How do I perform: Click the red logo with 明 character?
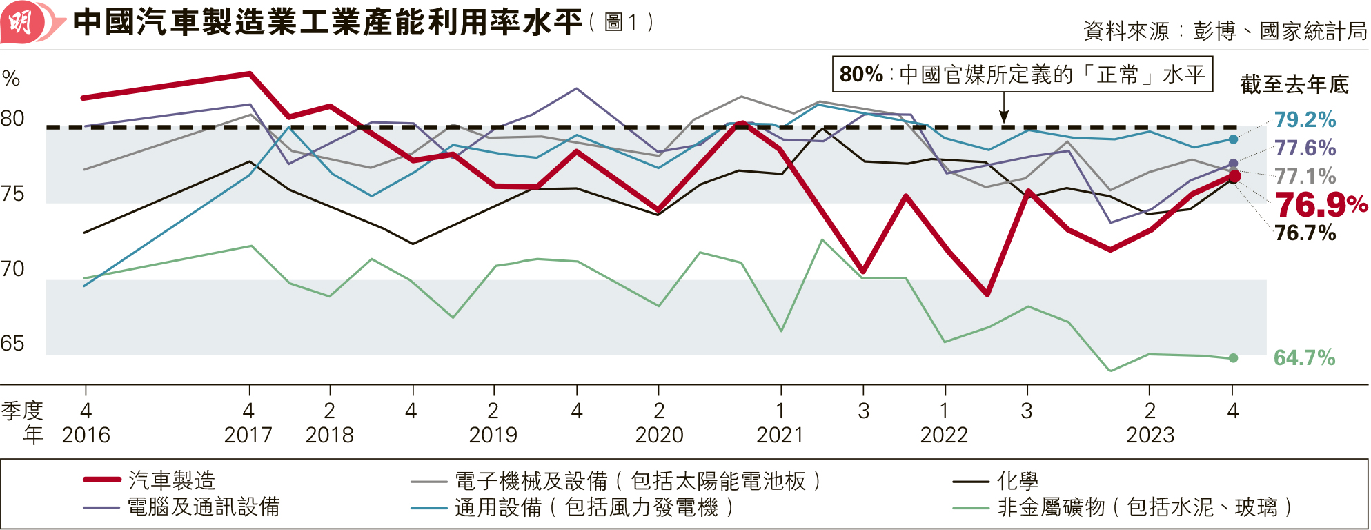point(22,23)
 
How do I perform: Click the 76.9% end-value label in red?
point(1320,205)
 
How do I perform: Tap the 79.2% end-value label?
point(1305,120)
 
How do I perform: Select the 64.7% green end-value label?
point(1304,357)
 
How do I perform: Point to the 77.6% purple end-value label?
point(1305,148)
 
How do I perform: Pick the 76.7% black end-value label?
point(1305,233)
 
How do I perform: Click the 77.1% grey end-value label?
point(1305,177)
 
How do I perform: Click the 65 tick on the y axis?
point(12,344)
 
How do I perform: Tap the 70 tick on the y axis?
point(12,268)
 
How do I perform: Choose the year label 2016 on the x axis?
point(86,435)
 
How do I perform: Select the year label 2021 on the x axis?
point(780,435)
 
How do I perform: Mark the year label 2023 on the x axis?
point(1150,435)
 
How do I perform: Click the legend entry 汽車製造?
point(172,480)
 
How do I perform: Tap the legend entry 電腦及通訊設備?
point(204,507)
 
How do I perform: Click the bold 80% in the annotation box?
point(861,75)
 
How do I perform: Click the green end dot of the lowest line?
point(1233,358)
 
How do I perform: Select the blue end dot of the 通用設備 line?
point(1233,139)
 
